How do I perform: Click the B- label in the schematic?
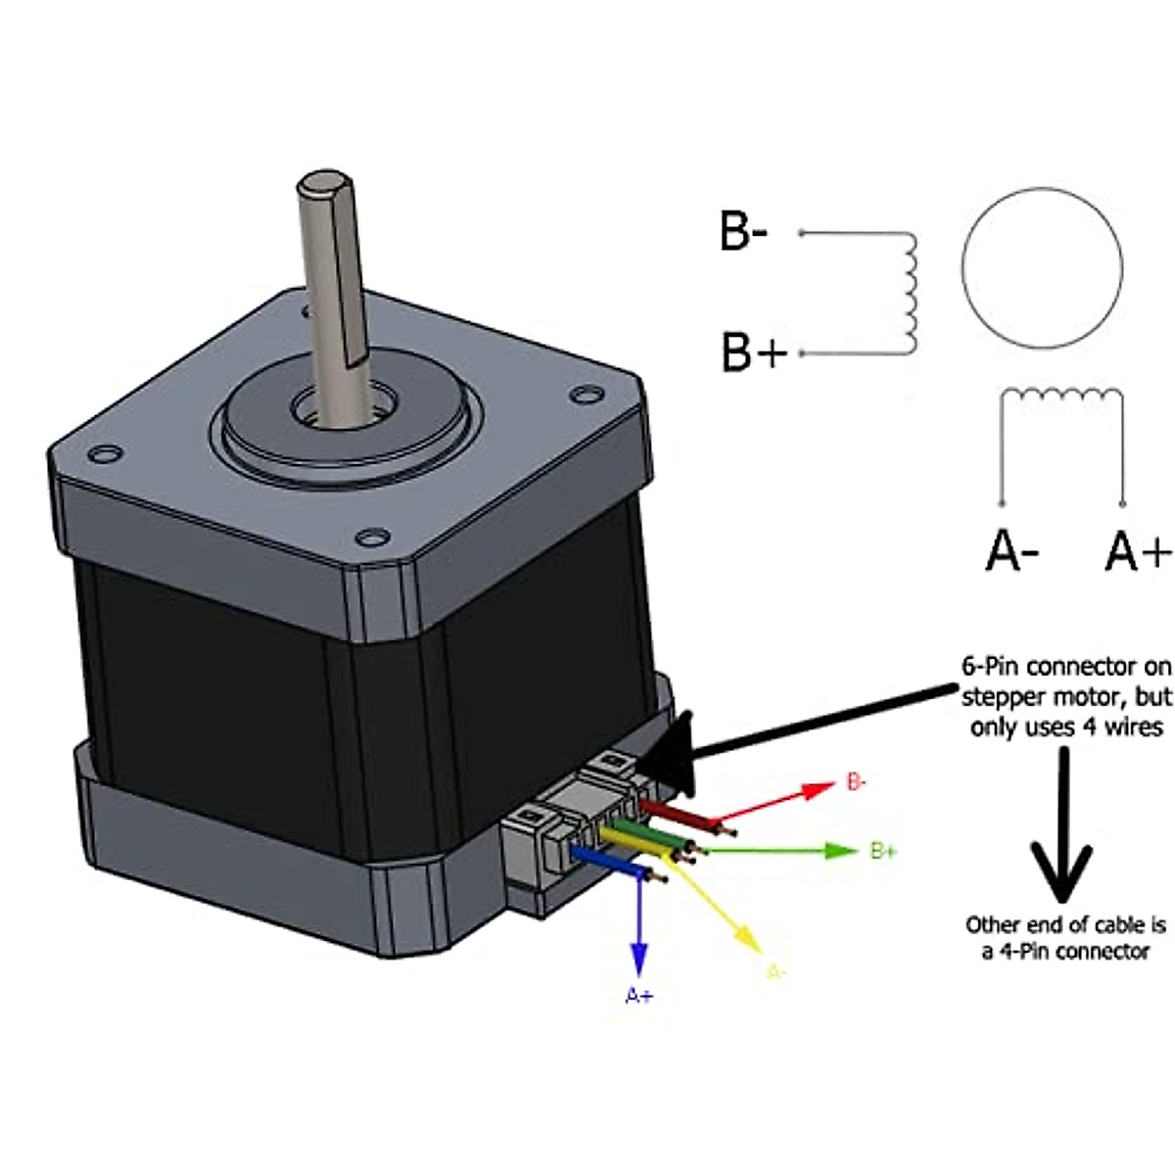[x=743, y=232]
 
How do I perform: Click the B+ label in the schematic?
[x=753, y=352]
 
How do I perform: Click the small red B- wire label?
[x=856, y=782]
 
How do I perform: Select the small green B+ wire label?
[x=883, y=850]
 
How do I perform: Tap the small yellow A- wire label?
[x=775, y=972]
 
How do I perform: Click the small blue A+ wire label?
[x=639, y=996]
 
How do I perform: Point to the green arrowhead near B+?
[x=840, y=850]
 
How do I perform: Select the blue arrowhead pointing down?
[x=639, y=956]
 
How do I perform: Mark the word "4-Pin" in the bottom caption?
[x=1021, y=951]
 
